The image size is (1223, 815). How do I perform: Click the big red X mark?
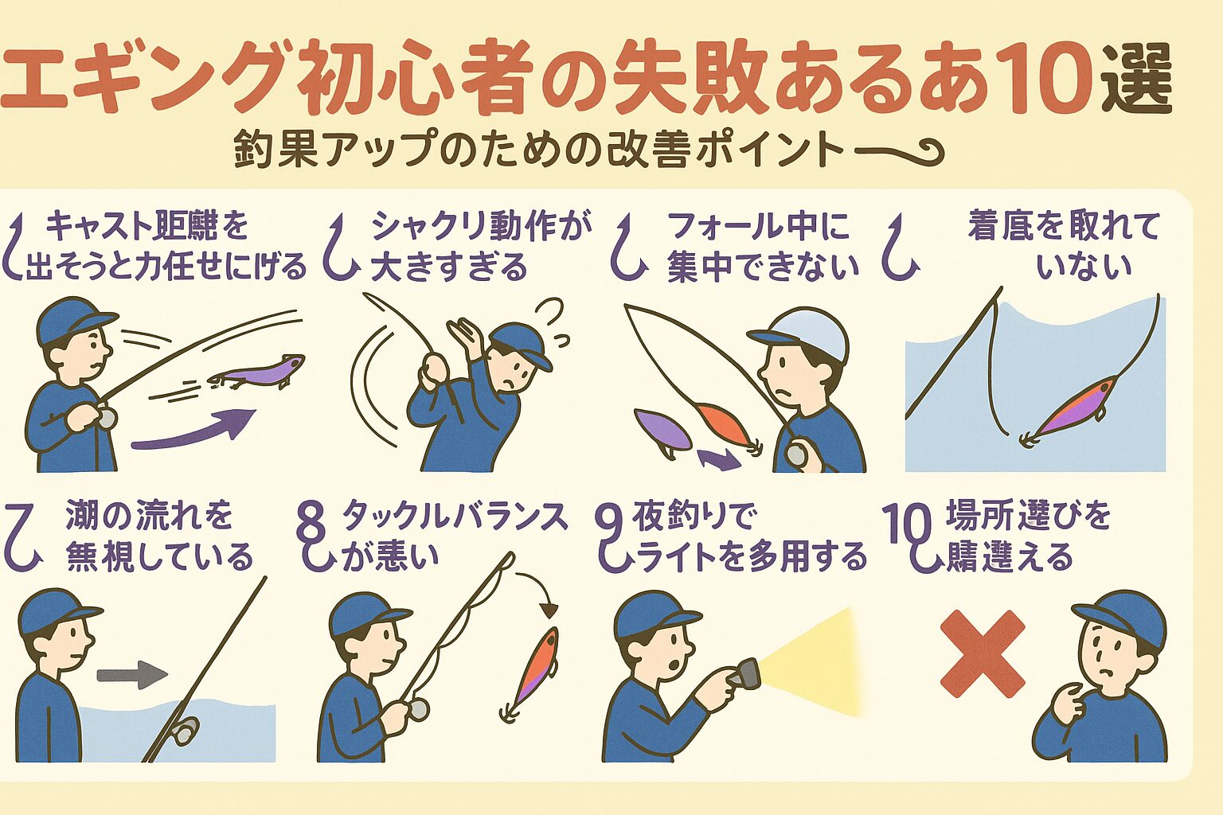(982, 653)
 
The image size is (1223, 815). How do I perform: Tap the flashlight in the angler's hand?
(744, 674)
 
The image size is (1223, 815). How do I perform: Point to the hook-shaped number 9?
(611, 540)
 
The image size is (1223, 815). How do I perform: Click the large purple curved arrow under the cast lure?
(195, 430)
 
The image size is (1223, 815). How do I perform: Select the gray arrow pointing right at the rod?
(131, 676)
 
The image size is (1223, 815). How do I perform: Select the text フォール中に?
(759, 226)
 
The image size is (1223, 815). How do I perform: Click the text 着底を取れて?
(1064, 226)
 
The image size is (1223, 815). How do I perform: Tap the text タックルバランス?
(455, 517)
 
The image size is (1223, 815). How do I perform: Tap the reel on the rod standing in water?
(186, 727)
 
